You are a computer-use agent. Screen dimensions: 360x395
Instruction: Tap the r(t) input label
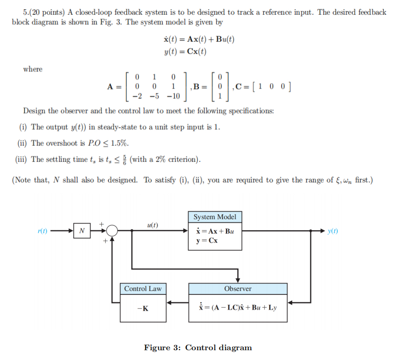pyautogui.click(x=44, y=230)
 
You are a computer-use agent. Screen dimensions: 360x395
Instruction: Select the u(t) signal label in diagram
pyautogui.click(x=152, y=225)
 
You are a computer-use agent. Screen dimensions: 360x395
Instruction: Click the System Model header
pyautogui.click(x=214, y=217)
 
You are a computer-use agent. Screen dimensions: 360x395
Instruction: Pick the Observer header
pyautogui.click(x=237, y=289)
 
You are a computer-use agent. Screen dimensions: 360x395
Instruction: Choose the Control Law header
pyautogui.click(x=142, y=289)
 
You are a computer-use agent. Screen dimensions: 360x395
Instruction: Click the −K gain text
pyautogui.click(x=143, y=308)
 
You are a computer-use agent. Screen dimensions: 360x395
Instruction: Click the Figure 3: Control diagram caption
pyautogui.click(x=198, y=348)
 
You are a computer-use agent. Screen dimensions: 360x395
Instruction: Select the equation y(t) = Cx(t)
pyautogui.click(x=184, y=51)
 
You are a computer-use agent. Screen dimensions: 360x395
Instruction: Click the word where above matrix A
pyautogui.click(x=33, y=69)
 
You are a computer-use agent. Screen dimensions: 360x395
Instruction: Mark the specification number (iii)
pyautogui.click(x=22, y=159)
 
